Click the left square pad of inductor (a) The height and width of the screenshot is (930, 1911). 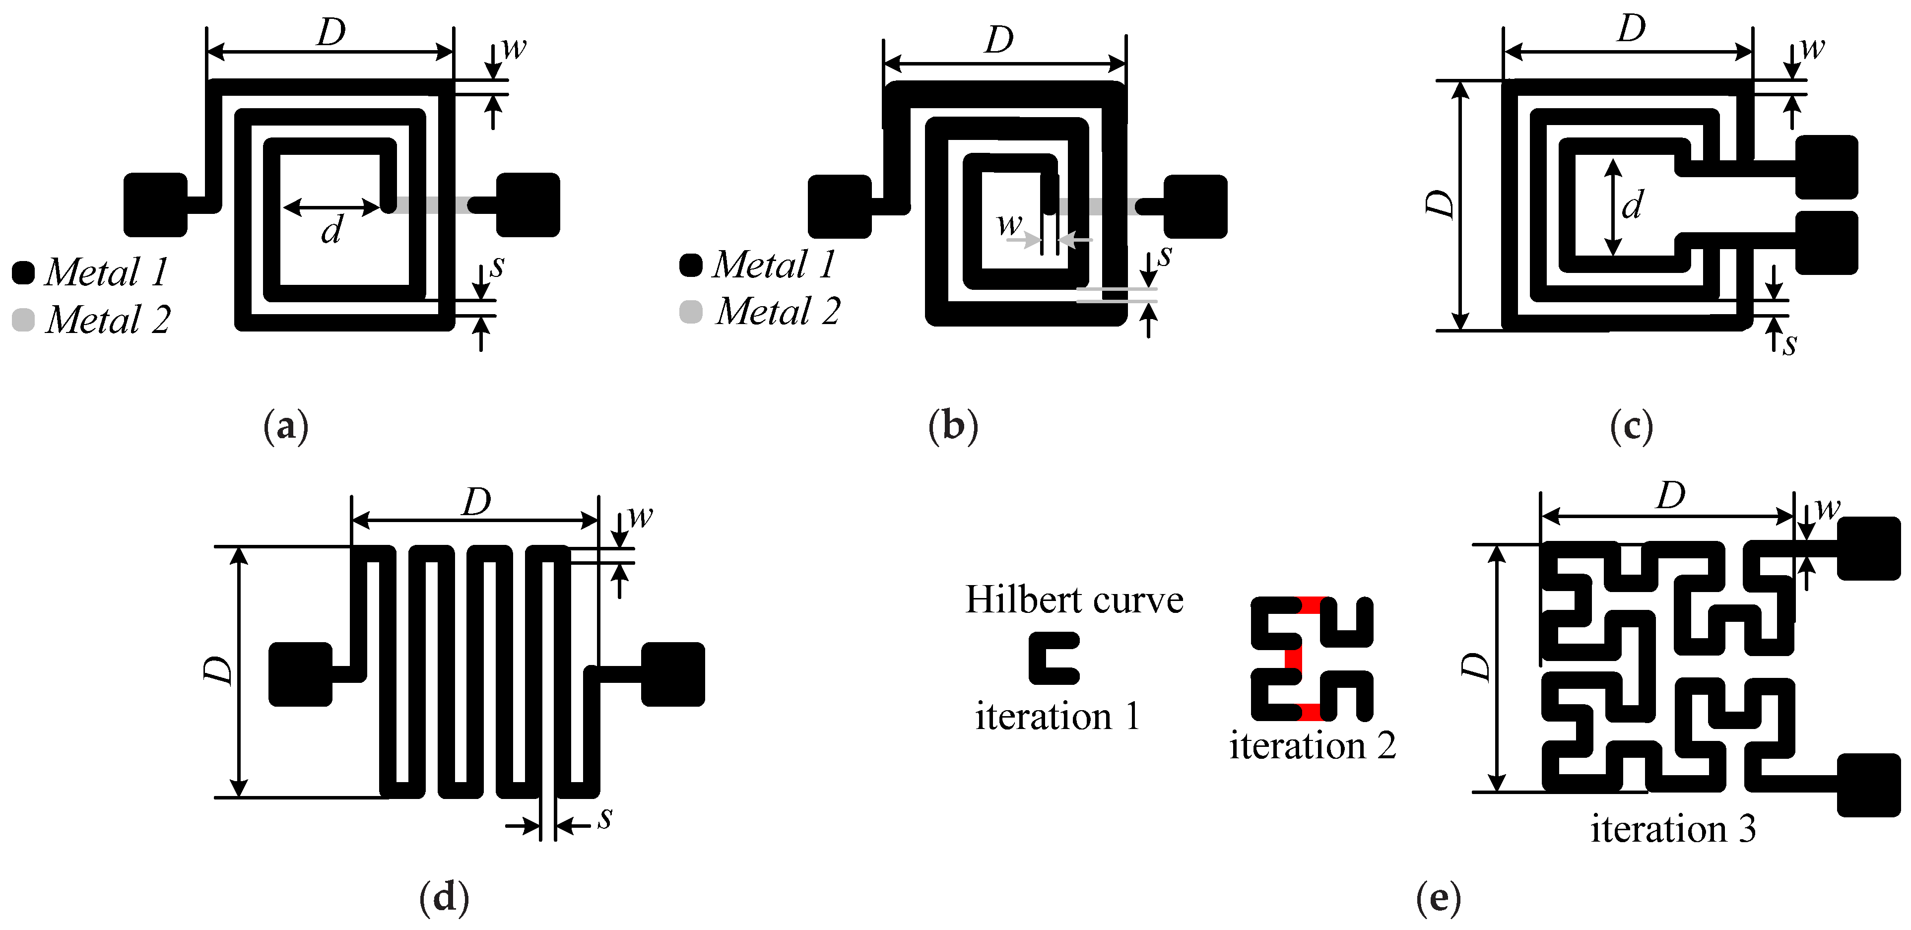click(155, 204)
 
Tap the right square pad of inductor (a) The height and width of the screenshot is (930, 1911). click(528, 204)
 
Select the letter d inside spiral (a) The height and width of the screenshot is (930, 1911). click(331, 231)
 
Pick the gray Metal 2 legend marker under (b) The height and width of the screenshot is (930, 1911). click(691, 312)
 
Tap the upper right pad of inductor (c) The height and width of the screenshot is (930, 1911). click(1827, 167)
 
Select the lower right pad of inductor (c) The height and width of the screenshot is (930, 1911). click(1827, 243)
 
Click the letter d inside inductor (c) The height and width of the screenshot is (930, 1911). click(1632, 204)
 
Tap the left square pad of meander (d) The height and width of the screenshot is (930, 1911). click(300, 673)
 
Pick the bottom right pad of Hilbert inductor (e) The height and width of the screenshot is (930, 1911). click(1868, 785)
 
